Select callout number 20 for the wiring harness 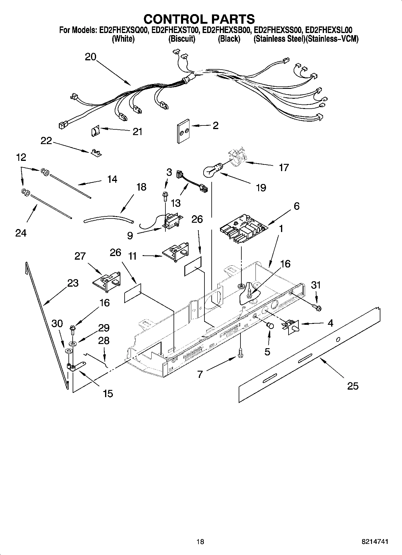pyautogui.click(x=90, y=56)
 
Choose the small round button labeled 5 pyautogui.click(x=270, y=325)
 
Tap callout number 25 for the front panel pyautogui.click(x=352, y=386)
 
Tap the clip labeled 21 pyautogui.click(x=95, y=131)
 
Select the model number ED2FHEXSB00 pyautogui.click(x=226, y=30)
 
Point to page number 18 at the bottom pyautogui.click(x=200, y=542)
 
